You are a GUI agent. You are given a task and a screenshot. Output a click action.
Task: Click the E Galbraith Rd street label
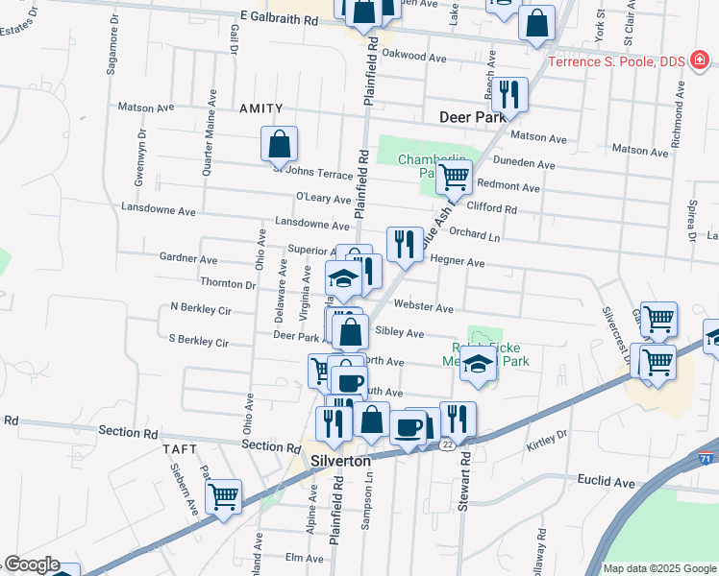click(x=279, y=18)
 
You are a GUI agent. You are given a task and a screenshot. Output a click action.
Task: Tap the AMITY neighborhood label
click(x=261, y=109)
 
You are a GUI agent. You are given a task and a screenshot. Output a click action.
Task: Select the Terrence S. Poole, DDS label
click(x=616, y=62)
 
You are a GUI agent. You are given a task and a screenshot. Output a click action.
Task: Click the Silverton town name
click(x=341, y=461)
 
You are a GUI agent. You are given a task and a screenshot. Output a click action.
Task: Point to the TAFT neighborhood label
click(x=180, y=448)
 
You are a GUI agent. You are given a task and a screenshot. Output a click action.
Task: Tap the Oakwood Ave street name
click(x=414, y=57)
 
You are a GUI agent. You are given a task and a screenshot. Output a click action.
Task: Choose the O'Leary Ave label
click(x=324, y=199)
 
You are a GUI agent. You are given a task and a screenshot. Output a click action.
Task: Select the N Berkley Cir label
click(x=201, y=308)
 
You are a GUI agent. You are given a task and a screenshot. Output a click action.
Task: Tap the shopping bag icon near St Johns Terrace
click(x=279, y=145)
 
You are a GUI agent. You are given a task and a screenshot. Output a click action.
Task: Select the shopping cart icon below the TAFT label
click(x=223, y=496)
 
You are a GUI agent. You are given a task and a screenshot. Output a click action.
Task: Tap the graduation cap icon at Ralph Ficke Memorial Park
click(x=478, y=364)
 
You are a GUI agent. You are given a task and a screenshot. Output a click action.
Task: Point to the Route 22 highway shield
click(x=448, y=445)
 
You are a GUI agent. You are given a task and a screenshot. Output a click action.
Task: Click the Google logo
click(x=33, y=565)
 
